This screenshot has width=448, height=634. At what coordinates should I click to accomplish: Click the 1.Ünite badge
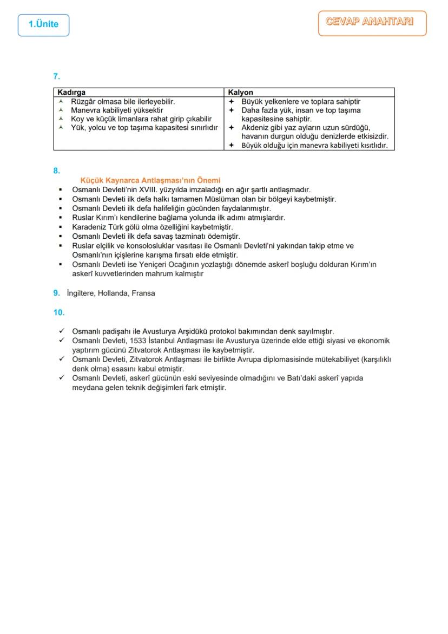43,25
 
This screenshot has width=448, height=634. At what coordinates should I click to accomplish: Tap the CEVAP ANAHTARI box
372,23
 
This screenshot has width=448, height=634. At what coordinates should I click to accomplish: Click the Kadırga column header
71,93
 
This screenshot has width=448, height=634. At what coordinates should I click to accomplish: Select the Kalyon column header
241,93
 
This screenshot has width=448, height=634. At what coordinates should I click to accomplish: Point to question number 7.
56,77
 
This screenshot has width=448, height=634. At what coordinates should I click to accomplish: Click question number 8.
56,171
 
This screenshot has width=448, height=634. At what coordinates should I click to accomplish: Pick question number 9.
56,293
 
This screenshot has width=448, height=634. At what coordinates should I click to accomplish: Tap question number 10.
58,312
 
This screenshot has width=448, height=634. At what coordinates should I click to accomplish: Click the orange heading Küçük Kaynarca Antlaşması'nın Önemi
150,180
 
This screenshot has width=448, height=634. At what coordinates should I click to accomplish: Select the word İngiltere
81,293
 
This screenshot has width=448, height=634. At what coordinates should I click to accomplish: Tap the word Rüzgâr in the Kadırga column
83,101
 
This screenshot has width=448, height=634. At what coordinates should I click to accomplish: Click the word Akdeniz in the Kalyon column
254,128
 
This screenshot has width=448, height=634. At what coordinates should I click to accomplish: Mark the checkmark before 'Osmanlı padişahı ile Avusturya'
62,331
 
